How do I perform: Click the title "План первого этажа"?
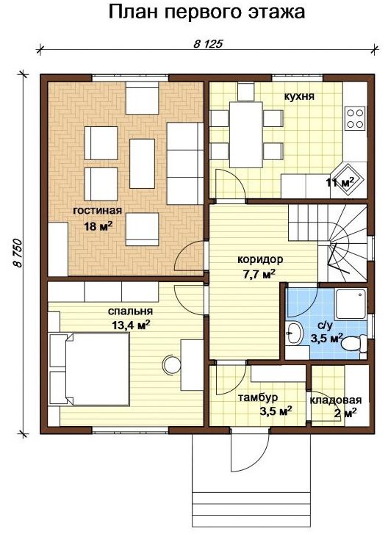206,12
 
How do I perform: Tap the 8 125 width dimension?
208,44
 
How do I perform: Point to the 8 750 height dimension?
18,253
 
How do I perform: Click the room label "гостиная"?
98,211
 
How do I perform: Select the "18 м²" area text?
98,225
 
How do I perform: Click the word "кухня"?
299,96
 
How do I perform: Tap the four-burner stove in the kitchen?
355,118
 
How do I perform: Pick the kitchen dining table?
246,134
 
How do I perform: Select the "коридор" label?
260,259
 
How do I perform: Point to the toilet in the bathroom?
354,343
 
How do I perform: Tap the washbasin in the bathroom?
295,333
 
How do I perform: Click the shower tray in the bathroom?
351,304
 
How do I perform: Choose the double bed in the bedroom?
90,369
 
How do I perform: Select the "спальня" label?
131,311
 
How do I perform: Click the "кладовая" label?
336,400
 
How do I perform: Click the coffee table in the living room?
142,164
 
